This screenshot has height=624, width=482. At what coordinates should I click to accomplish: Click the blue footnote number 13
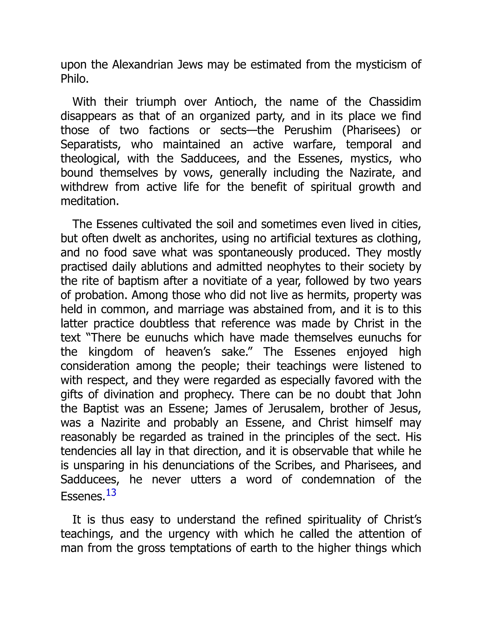point(111,493)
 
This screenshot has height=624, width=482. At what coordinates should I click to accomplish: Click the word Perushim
point(308,130)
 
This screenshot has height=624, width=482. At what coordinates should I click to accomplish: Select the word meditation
point(89,201)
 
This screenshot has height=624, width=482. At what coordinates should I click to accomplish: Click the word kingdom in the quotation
point(111,352)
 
